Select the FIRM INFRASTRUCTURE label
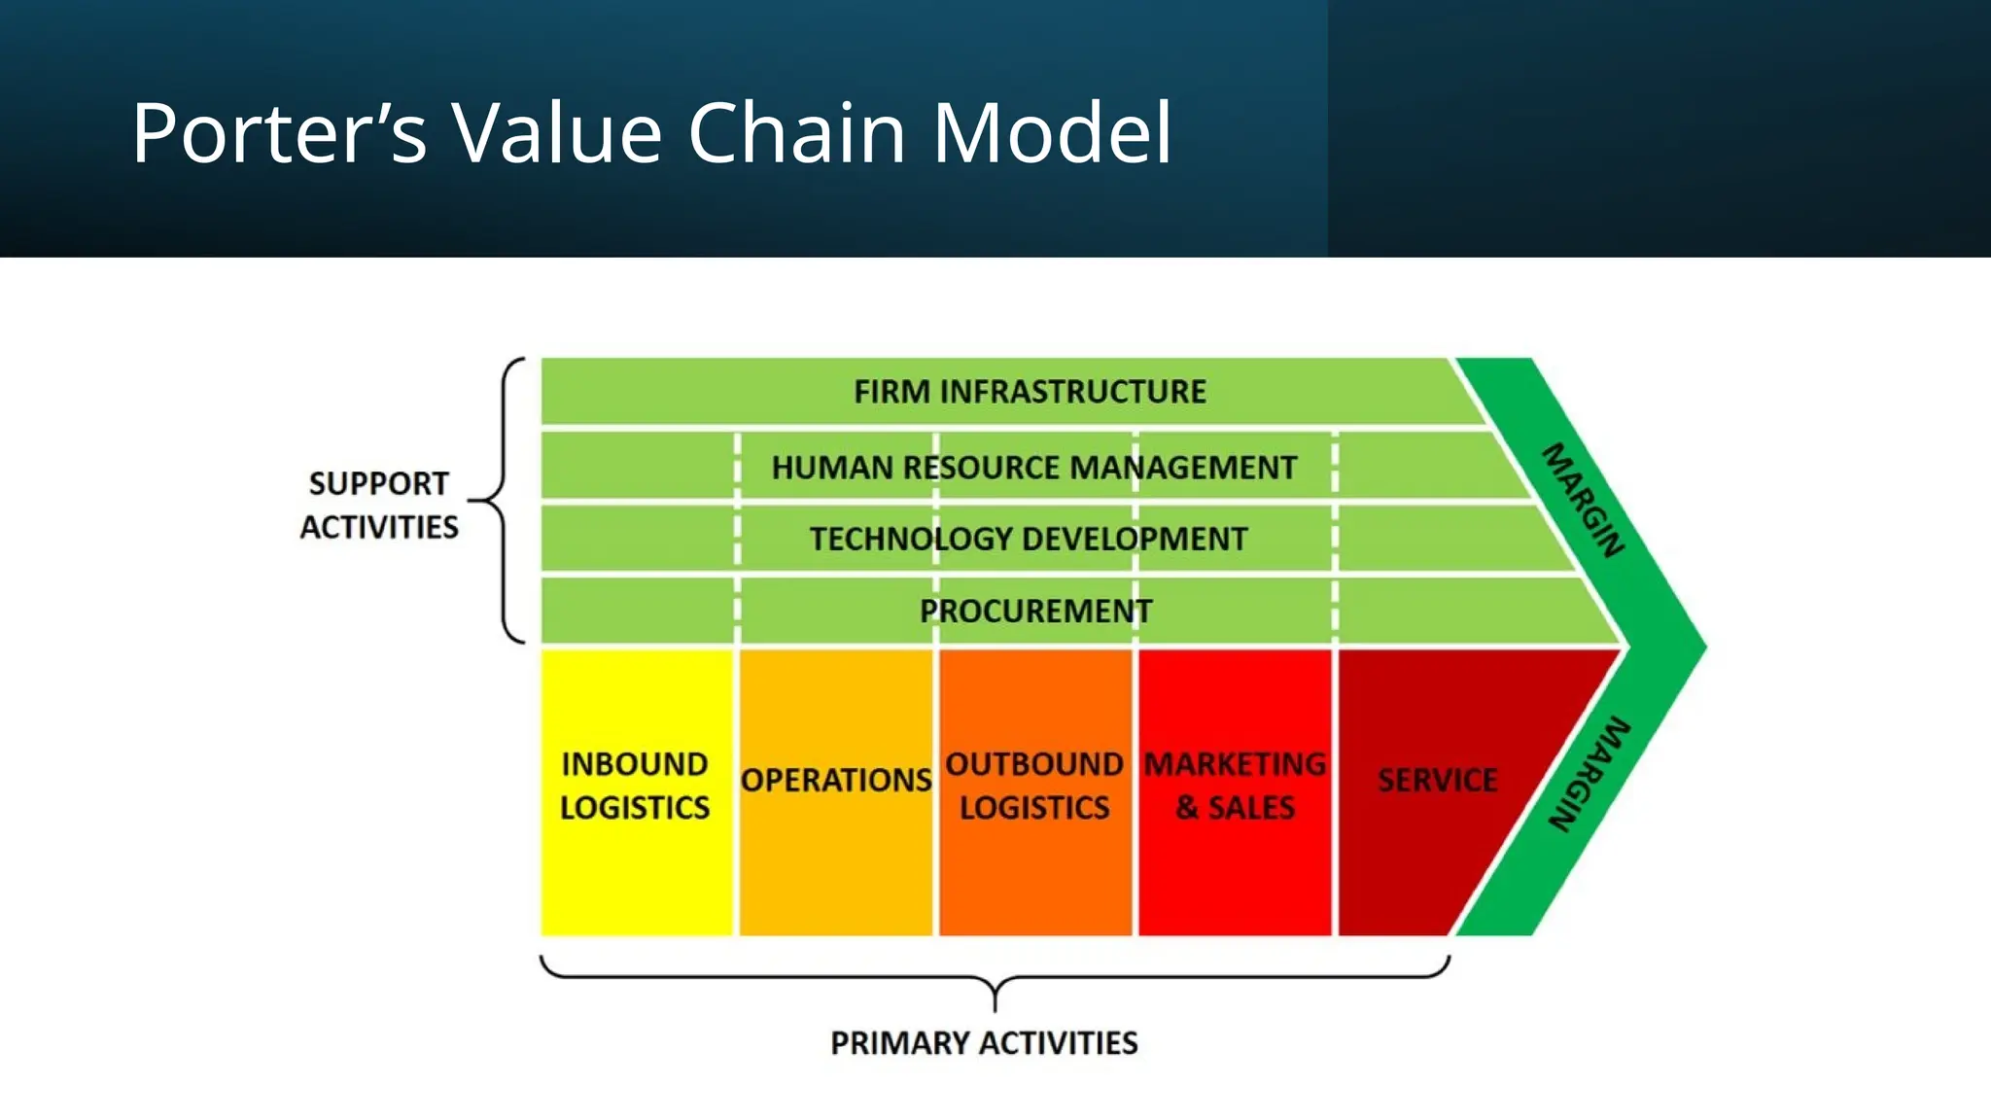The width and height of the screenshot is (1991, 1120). click(1030, 392)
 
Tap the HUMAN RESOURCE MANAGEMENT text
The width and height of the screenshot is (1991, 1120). click(1033, 468)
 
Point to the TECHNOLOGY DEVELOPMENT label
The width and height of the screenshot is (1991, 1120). click(1028, 539)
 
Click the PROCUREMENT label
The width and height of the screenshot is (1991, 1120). click(1035, 611)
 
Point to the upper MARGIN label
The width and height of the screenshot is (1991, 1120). click(1584, 500)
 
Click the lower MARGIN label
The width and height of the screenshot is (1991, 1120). click(1589, 775)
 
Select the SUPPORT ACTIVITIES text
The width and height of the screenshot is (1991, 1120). click(379, 505)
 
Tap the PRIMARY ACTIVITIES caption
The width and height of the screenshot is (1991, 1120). click(984, 1043)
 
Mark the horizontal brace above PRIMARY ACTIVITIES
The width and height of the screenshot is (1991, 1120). click(995, 977)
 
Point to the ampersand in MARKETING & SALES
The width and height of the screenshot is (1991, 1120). click(1186, 808)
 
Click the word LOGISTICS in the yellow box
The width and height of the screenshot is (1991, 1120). click(635, 808)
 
